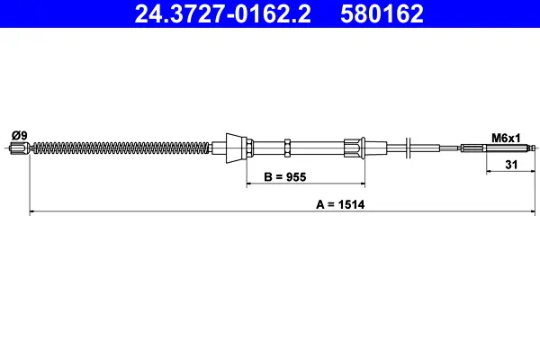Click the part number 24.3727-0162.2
click(x=222, y=13)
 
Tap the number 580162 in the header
click(x=382, y=13)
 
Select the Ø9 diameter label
click(x=19, y=135)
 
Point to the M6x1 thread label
click(x=506, y=138)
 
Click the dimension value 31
click(x=511, y=165)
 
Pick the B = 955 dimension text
click(x=285, y=177)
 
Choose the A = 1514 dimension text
click(x=340, y=204)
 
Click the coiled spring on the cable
click(x=121, y=148)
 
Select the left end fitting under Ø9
click(x=19, y=148)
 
